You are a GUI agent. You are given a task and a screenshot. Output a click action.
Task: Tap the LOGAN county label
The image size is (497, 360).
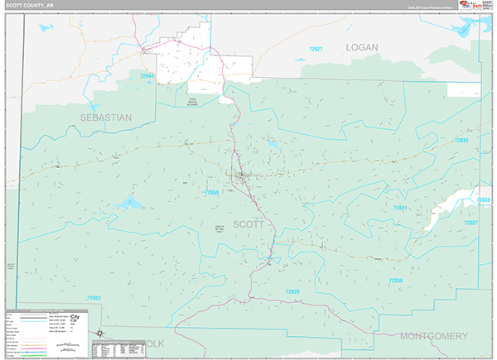coord(361,48)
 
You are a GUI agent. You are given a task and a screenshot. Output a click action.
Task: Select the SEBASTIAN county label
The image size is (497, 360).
coord(106,118)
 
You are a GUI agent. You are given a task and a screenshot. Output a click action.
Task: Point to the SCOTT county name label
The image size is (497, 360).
coord(248,224)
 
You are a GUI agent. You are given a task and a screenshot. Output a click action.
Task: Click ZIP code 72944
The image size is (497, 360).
coord(147,77)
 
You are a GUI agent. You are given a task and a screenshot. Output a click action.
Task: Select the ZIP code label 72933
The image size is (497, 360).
coord(461,141)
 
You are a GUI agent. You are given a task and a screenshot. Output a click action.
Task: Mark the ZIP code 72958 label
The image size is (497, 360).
coord(213,193)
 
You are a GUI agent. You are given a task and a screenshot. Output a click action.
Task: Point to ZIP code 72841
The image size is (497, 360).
coord(402,209)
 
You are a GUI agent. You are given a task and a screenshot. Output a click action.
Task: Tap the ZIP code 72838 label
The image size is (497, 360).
coord(483,200)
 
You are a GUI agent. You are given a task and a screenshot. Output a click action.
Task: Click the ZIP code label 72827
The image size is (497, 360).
coord(471,223)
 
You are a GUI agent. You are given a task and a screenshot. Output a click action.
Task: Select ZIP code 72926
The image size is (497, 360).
coord(293,292)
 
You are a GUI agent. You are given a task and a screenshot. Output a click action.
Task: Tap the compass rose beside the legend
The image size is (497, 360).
coord(99,333)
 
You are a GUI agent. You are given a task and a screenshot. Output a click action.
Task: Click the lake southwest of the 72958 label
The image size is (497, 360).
coord(128,203)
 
